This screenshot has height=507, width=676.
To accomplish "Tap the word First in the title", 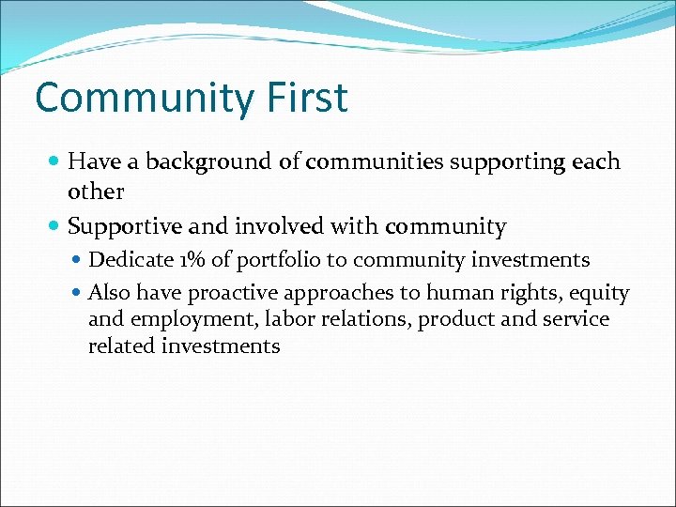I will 302,98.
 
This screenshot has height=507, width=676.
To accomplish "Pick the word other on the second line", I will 96,192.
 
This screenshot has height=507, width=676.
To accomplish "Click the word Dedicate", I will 129,260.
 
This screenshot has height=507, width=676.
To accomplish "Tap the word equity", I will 599,294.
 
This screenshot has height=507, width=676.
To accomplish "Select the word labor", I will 289,319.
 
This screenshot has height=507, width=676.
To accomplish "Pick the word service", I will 575,319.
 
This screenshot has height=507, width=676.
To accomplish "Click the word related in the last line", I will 121,346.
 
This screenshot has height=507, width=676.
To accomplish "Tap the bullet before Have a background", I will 56,162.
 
